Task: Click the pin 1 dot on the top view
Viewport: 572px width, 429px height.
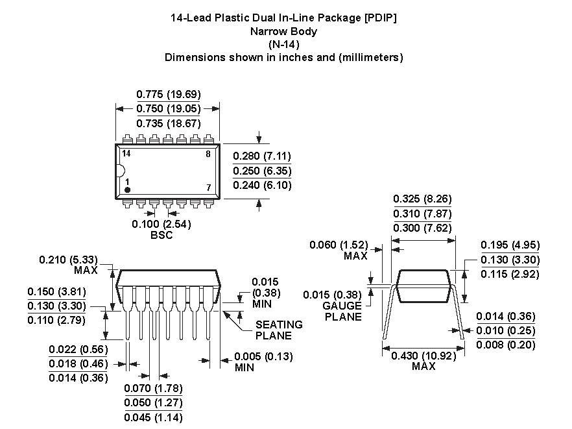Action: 128,190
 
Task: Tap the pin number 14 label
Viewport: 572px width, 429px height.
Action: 126,154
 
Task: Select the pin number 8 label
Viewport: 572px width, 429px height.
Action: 208,154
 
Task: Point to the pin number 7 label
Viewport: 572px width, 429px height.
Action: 208,188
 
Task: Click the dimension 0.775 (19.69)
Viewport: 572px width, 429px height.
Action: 169,94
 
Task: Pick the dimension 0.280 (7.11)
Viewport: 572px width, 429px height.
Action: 262,156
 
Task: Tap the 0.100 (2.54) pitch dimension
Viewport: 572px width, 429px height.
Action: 161,224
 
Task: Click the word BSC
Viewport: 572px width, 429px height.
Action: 161,235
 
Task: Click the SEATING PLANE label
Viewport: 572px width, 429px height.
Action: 279,330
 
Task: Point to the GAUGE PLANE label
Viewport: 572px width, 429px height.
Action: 343,311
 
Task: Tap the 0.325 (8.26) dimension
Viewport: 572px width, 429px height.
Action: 423,199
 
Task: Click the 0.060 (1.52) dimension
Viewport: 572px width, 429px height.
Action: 339,245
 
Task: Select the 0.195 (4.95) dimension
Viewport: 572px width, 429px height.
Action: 510,245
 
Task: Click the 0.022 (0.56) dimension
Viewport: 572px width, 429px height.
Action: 78,350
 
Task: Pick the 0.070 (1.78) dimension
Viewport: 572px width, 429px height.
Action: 153,388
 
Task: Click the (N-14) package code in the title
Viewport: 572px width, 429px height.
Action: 283,44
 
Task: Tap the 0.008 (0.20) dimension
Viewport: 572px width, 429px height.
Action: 506,345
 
